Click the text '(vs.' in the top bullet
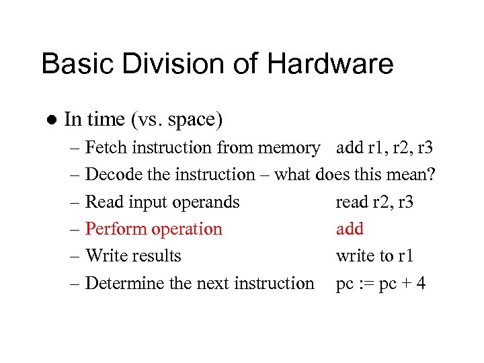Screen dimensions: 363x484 147,120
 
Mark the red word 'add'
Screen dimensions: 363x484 350,229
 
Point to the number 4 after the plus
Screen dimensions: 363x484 421,284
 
